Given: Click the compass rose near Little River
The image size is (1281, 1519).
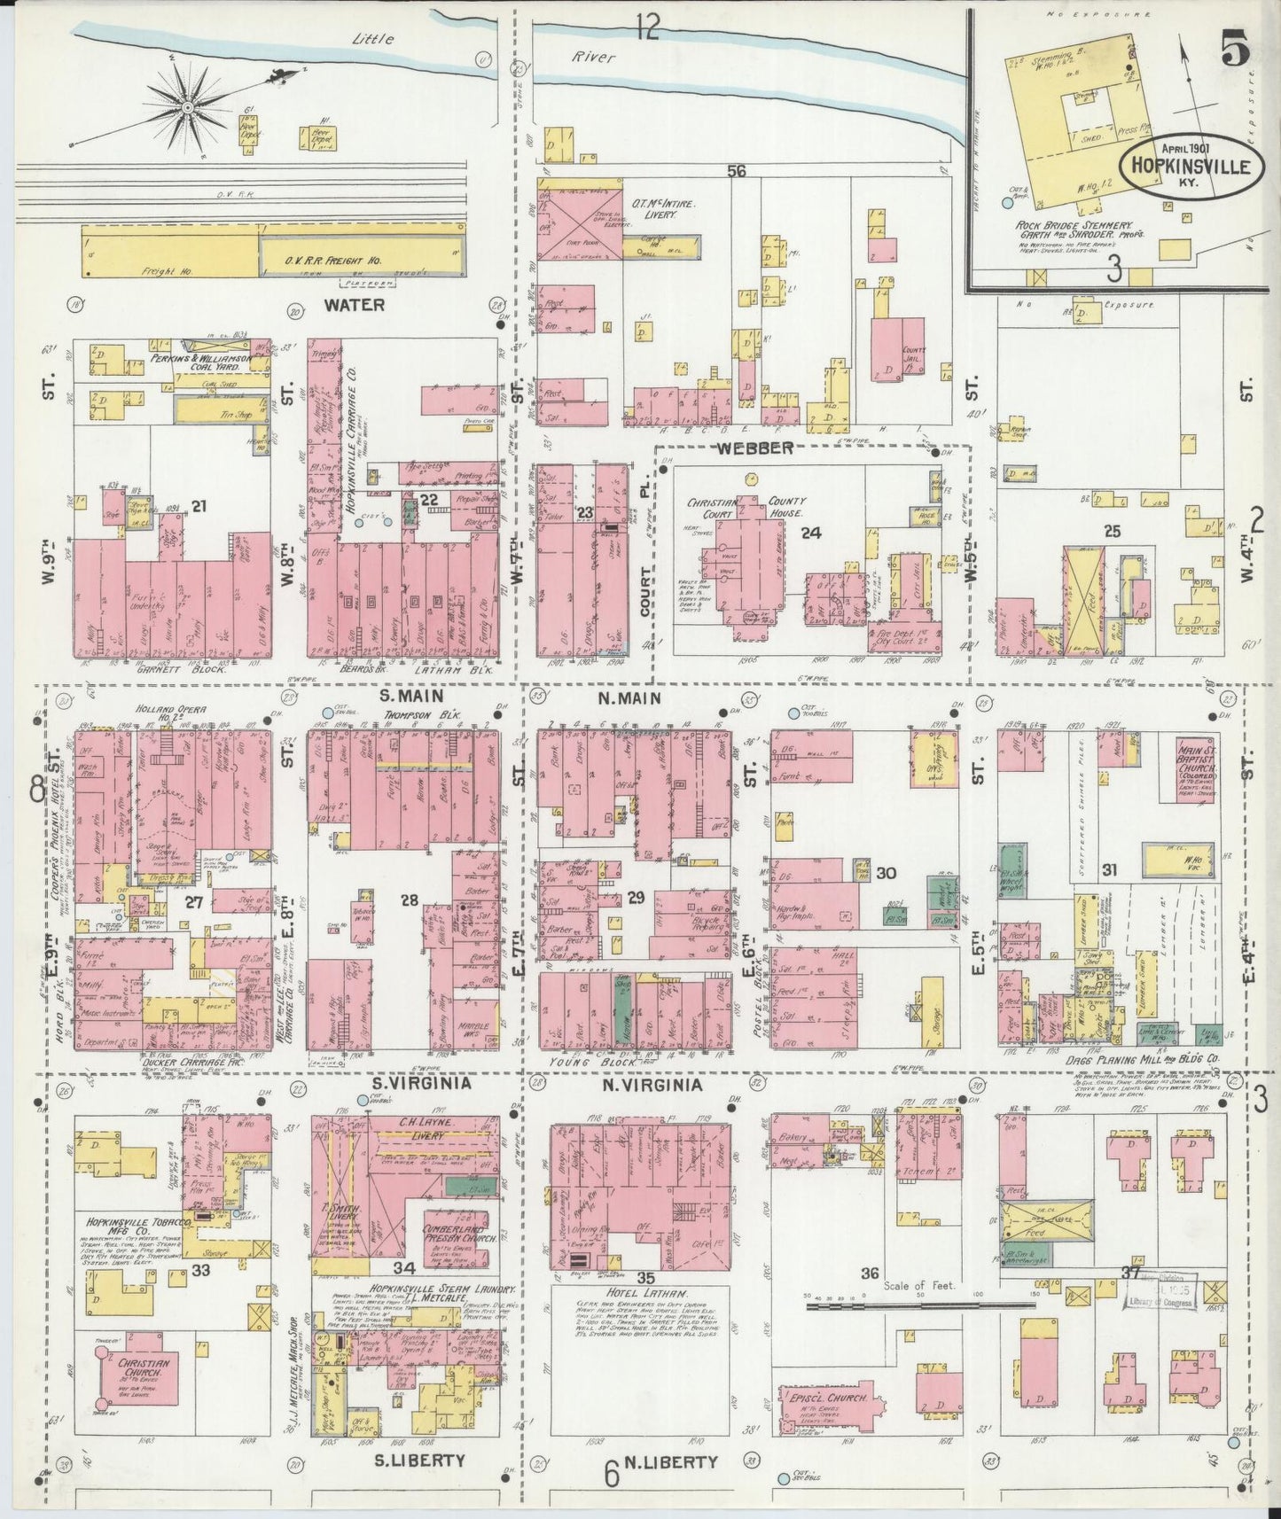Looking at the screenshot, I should pos(188,107).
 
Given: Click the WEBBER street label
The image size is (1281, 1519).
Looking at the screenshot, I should pos(755,448).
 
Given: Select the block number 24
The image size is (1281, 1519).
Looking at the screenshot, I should pos(810,533).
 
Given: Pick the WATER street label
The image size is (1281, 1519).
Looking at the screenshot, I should pos(354,305).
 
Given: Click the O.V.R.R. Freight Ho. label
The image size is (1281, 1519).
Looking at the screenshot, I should pos(332,261).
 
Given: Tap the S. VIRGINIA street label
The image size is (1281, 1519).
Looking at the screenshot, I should pos(413,1084).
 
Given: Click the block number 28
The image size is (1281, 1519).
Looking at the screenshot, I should pos(409,900).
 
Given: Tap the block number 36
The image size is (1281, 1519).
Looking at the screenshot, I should pos(870,1274).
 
